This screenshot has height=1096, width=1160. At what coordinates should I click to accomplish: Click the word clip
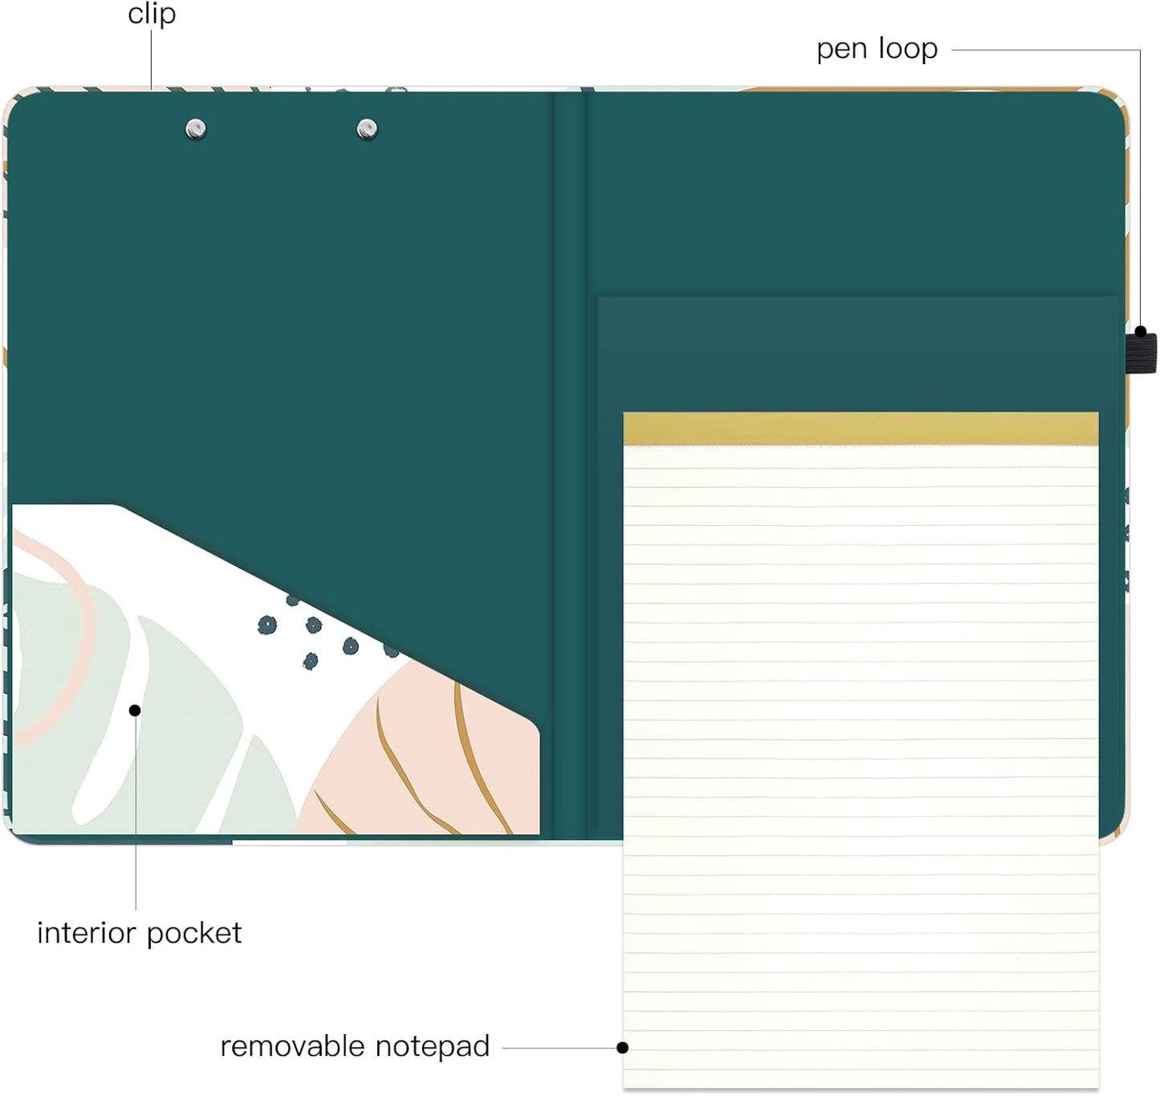tap(152, 13)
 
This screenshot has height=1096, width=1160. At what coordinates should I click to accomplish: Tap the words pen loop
tap(877, 49)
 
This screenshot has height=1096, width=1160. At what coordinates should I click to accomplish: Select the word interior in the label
tap(87, 933)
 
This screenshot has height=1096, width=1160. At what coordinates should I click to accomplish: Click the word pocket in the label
tap(194, 934)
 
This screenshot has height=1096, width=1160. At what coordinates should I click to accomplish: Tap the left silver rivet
tap(196, 129)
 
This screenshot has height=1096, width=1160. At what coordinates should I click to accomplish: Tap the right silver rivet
tap(367, 129)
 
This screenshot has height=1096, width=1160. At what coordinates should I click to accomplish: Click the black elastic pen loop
tap(1141, 352)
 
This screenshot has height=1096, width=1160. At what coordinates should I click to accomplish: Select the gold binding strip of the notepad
tap(861, 429)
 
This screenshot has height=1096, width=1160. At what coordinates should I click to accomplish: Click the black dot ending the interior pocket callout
tap(135, 711)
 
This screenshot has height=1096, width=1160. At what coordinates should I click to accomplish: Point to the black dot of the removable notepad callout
tap(623, 1048)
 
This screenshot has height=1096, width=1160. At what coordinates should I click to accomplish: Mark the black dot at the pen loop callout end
tap(1140, 332)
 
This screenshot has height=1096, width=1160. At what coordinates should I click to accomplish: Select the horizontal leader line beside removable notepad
tap(560, 1048)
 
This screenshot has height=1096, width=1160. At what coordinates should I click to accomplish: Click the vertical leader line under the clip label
tap(151, 59)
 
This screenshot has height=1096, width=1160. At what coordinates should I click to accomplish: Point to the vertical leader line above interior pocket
tap(136, 813)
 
